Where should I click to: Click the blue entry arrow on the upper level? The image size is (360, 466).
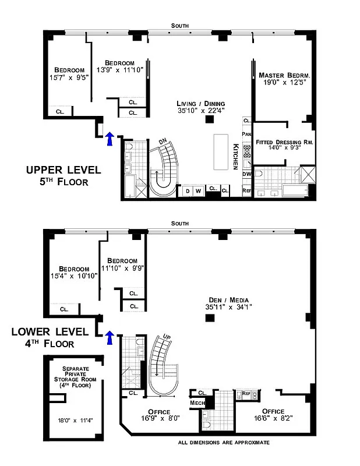(x=109, y=138)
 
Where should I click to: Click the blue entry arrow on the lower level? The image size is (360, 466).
(x=109, y=337)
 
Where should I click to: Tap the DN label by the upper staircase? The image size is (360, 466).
(x=164, y=142)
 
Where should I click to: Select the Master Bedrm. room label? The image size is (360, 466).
(x=284, y=75)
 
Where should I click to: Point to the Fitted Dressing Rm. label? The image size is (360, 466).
(x=284, y=142)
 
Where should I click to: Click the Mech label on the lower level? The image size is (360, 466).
(x=196, y=403)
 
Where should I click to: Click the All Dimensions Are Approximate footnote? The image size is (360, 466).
(x=224, y=443)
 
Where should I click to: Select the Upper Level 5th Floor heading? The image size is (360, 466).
(x=63, y=175)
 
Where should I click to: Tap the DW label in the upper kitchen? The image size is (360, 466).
(x=246, y=174)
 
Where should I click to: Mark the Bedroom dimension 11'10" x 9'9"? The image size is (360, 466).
(x=122, y=268)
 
